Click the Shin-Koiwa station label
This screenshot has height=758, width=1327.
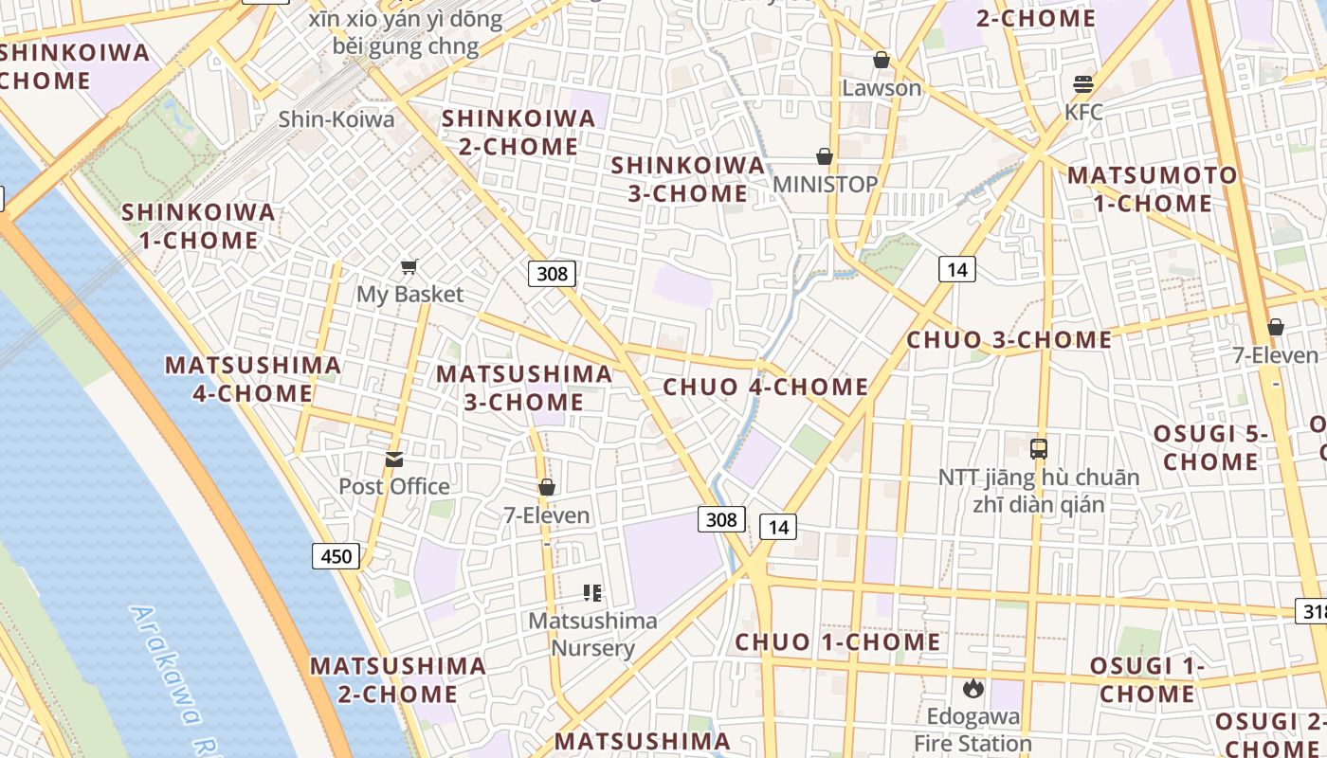[336, 119]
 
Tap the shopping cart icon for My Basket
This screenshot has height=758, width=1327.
[409, 266]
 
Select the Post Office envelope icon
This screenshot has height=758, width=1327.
[394, 460]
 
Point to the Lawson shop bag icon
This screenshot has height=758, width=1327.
[882, 61]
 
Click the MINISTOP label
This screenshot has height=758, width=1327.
[826, 184]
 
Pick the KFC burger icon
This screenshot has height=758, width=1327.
[1083, 83]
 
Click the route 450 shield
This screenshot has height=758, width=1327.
[336, 556]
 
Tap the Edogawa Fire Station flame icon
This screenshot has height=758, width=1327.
[973, 688]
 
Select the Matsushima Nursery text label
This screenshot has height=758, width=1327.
[593, 635]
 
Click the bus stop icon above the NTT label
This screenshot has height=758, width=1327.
[1039, 449]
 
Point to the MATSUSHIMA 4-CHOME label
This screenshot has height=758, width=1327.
[253, 379]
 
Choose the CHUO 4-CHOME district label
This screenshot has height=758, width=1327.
[766, 387]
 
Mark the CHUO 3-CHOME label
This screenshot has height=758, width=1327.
[1009, 339]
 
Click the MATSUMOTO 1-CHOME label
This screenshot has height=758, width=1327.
[1153, 189]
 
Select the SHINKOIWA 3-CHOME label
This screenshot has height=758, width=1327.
[688, 179]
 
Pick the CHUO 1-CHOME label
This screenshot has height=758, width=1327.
[838, 641]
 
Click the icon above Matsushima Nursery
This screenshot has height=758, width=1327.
[592, 593]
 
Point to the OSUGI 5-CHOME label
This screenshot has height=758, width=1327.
[1210, 448]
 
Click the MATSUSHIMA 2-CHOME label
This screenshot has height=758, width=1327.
[398, 679]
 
